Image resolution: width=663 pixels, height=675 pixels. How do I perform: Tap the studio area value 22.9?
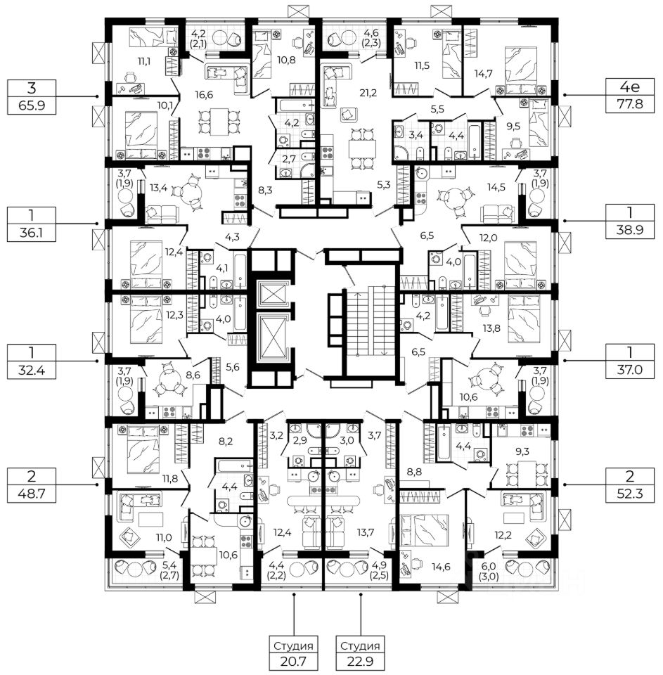(361, 662)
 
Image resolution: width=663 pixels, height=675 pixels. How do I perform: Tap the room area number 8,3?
(265, 189)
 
